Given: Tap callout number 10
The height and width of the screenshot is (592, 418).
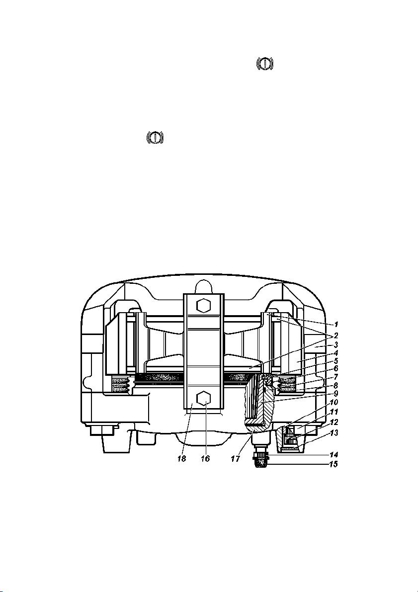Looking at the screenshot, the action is [x=334, y=403].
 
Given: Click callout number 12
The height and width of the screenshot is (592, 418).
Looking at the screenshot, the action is [x=334, y=422].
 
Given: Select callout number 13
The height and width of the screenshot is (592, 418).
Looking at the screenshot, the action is [x=334, y=432].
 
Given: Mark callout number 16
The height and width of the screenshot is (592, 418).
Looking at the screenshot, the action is [x=205, y=459].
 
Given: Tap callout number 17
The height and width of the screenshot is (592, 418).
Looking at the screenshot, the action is [x=236, y=459].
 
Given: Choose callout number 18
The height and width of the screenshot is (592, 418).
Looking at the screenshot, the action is [x=182, y=459].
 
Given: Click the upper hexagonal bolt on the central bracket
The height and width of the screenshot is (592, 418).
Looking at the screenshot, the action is [x=203, y=305].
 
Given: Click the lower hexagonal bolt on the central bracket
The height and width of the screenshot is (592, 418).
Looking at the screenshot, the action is [x=203, y=398].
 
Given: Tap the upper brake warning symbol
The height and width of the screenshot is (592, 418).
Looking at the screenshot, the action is [x=265, y=64].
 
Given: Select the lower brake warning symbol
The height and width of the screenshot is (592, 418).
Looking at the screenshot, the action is [x=155, y=137].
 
